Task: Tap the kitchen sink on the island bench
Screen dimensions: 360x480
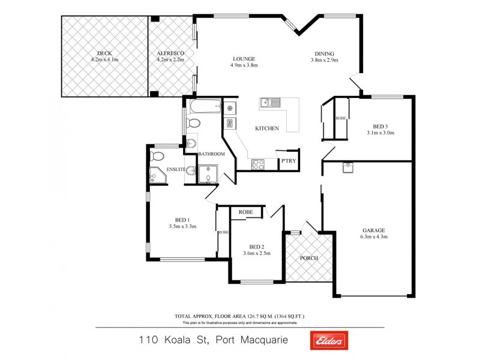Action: click(x=271, y=103)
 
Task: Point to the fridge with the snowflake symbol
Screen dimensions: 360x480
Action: click(x=229, y=109)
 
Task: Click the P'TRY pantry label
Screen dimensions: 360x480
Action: click(x=289, y=161)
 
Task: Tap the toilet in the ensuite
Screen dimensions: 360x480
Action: click(x=157, y=156)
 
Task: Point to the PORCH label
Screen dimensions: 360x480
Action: click(x=310, y=258)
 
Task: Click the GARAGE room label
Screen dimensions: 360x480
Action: click(x=373, y=230)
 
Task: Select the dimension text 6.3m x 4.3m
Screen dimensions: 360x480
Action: click(x=374, y=236)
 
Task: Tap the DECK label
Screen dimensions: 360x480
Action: click(x=104, y=53)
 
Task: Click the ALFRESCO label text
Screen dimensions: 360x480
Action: click(x=170, y=53)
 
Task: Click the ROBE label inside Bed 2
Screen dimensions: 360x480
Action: click(x=245, y=212)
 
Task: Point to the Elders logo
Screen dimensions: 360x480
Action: click(x=328, y=340)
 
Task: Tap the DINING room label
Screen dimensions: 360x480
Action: click(x=325, y=53)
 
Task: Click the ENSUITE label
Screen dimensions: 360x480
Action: click(x=176, y=169)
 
